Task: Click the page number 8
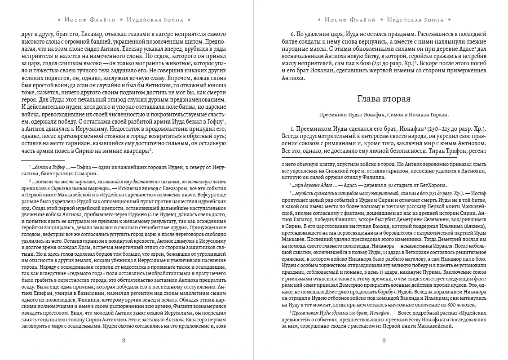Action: (124, 340)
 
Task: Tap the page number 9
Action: (384, 340)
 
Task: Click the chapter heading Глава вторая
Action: (383, 98)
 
